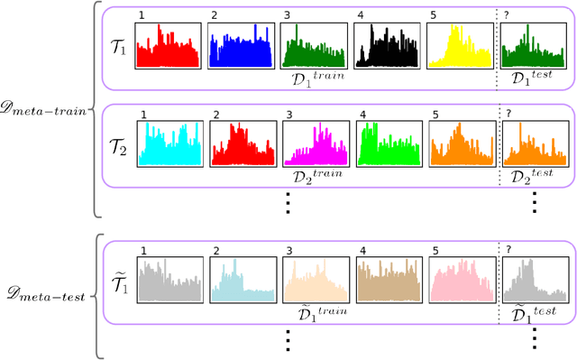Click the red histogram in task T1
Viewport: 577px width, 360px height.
pyautogui.click(x=166, y=46)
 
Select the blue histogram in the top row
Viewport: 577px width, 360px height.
pyautogui.click(x=239, y=46)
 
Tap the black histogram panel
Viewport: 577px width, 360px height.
pyautogui.click(x=385, y=46)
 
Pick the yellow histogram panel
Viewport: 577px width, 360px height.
pyautogui.click(x=458, y=46)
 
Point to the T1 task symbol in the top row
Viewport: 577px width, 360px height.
pyautogui.click(x=117, y=43)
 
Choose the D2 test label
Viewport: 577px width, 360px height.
pyautogui.click(x=531, y=175)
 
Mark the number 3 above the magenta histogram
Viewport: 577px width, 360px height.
pyautogui.click(x=288, y=115)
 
